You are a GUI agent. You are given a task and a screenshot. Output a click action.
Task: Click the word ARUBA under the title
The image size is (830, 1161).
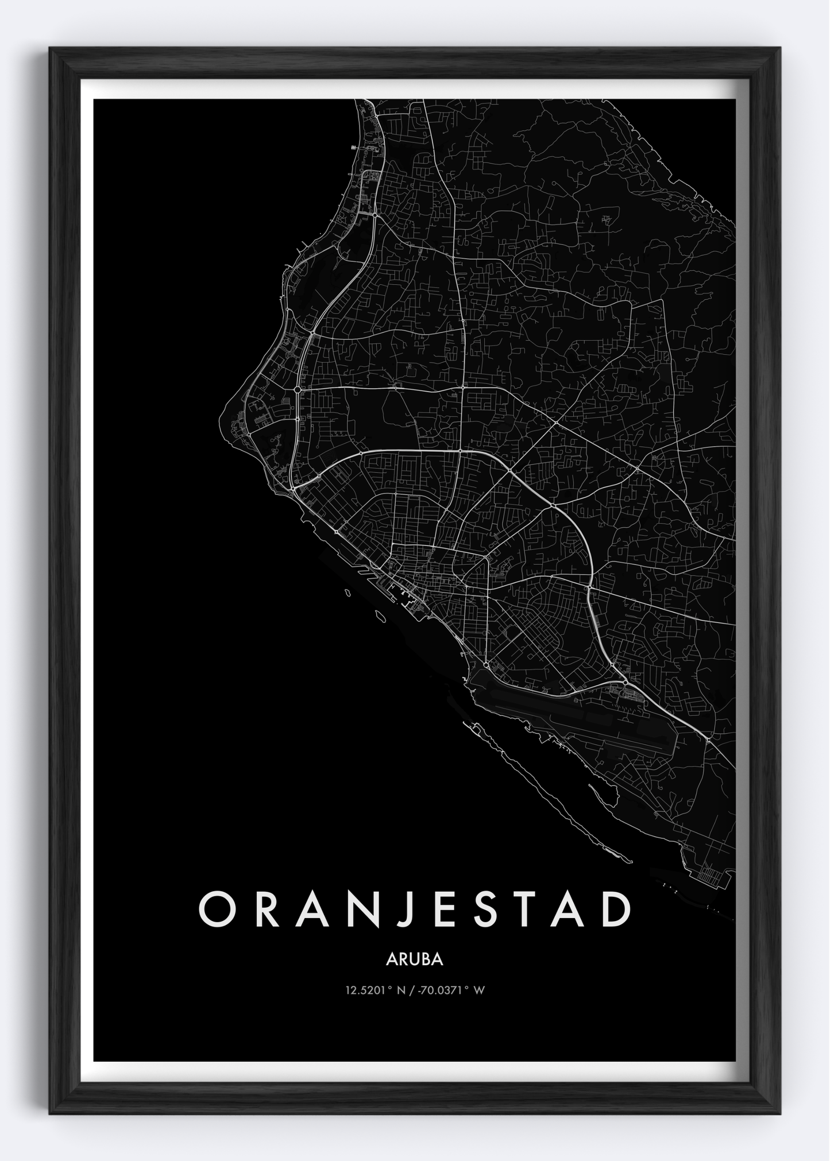tap(415, 960)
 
